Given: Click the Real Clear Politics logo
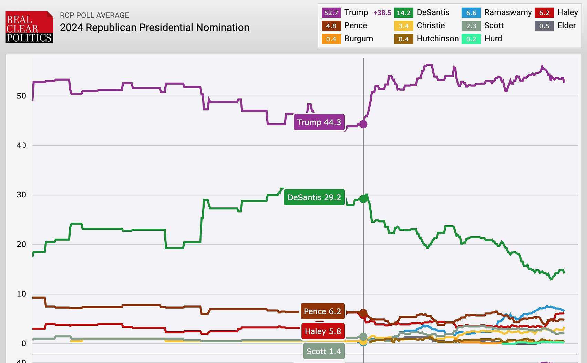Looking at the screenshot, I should [29, 27].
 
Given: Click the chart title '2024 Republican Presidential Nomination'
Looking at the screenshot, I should [154, 28].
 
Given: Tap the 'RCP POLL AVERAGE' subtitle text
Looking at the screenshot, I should [94, 15].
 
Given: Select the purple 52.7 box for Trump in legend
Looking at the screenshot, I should [331, 13].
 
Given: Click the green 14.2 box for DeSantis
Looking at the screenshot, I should [403, 13].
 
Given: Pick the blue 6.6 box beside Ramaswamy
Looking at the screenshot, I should [471, 13].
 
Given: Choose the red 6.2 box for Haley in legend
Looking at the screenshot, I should [544, 13].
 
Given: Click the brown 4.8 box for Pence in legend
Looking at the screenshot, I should [331, 26].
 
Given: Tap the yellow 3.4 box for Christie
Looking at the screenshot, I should [403, 26].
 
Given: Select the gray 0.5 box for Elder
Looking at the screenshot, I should [544, 26].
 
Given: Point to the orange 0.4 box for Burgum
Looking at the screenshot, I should [331, 39].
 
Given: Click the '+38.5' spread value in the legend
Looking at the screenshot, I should [382, 13].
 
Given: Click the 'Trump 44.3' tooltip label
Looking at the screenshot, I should [319, 122].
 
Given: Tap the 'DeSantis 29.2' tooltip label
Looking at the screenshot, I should [314, 197].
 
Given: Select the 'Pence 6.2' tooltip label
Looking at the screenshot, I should [322, 311].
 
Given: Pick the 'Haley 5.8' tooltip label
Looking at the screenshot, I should [323, 331].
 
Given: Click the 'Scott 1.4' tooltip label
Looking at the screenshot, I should [324, 351].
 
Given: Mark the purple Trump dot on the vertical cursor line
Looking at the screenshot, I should [363, 124].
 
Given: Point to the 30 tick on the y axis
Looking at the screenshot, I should [21, 195].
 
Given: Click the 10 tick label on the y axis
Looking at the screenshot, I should [21, 294].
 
